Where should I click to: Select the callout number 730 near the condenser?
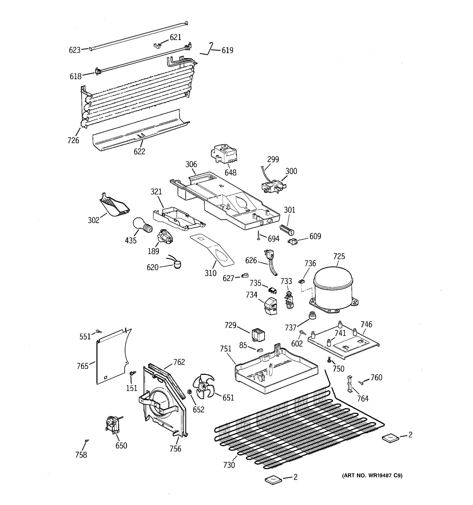(x=229, y=465)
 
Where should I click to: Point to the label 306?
(x=191, y=164)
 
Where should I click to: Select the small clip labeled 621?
(x=158, y=46)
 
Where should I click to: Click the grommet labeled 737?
(x=312, y=316)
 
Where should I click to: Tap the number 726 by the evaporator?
(x=73, y=140)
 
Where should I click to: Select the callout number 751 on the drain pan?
(x=225, y=349)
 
